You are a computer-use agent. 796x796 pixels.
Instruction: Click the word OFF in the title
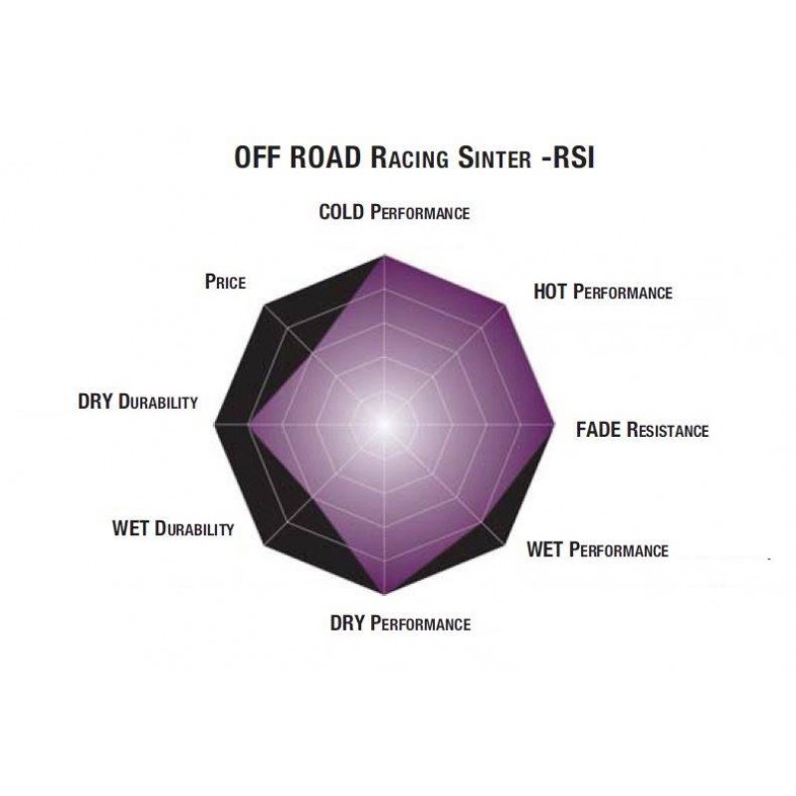[258, 157]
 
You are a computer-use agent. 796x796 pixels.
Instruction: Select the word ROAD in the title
[325, 157]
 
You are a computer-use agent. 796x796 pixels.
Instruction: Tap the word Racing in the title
[409, 158]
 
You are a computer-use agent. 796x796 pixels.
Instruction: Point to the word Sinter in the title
[495, 158]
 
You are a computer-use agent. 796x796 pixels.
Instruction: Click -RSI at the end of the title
[567, 158]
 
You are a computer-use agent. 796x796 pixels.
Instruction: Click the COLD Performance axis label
[394, 212]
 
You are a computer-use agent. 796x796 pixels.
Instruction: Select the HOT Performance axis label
[603, 292]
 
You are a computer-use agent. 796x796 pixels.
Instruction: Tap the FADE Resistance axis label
[642, 430]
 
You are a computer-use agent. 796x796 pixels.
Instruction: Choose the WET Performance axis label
[598, 550]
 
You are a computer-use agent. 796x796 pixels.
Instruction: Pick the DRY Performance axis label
[400, 623]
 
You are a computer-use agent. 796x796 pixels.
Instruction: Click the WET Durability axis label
[172, 528]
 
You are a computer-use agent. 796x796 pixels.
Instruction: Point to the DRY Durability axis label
[137, 402]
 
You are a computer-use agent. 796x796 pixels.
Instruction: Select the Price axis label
[225, 282]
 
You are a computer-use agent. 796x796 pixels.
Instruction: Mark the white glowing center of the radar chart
[384, 424]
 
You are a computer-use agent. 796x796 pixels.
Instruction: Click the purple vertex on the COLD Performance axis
[384, 256]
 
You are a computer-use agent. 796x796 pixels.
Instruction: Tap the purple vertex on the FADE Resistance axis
[554, 424]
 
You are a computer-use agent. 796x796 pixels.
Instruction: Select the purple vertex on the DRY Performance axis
[384, 593]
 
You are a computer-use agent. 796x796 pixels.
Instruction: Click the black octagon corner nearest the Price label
[265, 305]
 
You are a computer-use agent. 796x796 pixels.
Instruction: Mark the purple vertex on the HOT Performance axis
[504, 304]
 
